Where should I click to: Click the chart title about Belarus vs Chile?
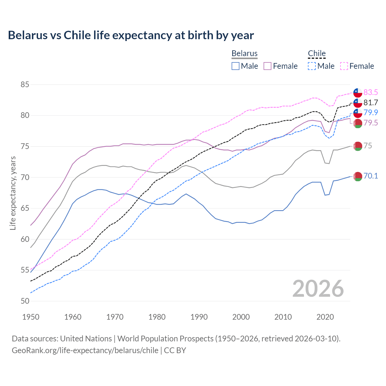coord(131,35)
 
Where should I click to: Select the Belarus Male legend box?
coord(236,66)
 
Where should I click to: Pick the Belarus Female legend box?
coord(267,66)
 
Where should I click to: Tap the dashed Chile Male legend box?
coord(312,66)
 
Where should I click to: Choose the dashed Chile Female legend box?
coord(344,66)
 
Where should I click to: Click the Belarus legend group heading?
coord(245,54)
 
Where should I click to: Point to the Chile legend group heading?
coord(317,54)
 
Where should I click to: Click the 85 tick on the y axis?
coord(25,85)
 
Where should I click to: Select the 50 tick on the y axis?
coord(25,301)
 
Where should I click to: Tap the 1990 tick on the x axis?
coord(199,317)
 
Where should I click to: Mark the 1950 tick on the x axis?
coord(31,317)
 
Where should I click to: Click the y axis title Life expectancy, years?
coord(13,193)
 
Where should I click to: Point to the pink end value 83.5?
coord(371,92)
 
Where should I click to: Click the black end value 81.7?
coord(371,103)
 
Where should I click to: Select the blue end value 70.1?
coord(371,176)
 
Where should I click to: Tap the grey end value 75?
coord(368,146)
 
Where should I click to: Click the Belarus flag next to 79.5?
coord(358,123)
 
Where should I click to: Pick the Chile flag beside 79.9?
coord(358,113)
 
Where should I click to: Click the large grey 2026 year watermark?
coord(318,289)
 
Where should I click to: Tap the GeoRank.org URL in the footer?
coord(85,350)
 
